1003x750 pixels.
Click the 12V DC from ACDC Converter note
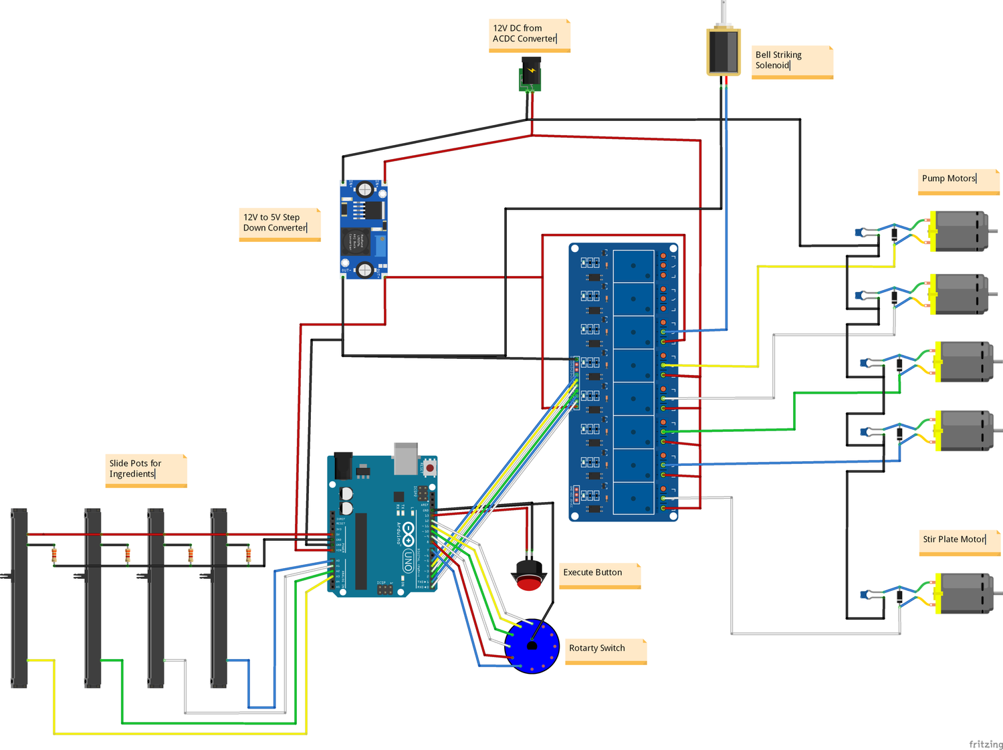coord(529,35)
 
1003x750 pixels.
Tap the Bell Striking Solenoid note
coord(792,61)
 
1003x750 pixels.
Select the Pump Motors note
coord(958,180)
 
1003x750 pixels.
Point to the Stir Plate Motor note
coord(959,541)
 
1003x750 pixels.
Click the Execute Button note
coord(599,574)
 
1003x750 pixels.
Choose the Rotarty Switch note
coord(606,650)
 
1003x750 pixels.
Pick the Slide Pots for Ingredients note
coord(146,470)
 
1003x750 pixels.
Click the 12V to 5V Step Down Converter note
coord(280,224)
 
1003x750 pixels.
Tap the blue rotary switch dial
coord(532,646)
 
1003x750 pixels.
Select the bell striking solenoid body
coord(723,52)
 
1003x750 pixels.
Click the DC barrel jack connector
coord(531,74)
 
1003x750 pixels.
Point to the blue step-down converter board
coord(363,229)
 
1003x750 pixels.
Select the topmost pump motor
coord(960,231)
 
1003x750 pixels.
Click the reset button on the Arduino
coord(429,468)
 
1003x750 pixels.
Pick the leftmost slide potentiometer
coord(19,598)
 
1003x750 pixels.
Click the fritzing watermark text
coord(986,744)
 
